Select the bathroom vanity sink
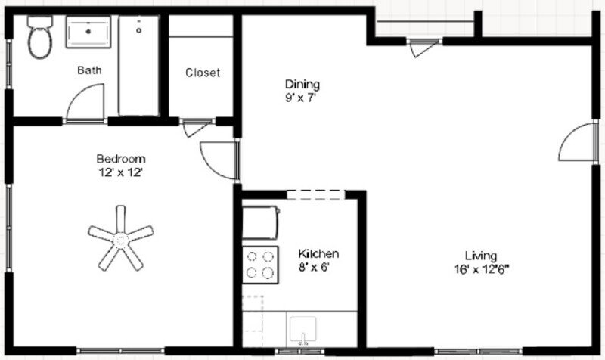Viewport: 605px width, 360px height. tap(89, 33)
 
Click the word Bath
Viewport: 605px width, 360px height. tap(89, 70)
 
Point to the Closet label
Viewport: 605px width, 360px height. tap(203, 73)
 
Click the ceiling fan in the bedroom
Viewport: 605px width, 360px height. tap(119, 237)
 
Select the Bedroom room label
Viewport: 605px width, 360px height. tap(120, 159)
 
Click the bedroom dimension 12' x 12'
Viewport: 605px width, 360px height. tap(120, 172)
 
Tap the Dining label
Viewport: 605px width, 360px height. tap(302, 84)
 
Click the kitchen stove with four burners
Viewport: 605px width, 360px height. tap(259, 265)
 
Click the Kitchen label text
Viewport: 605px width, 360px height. tap(318, 254)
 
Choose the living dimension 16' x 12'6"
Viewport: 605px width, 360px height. tap(482, 268)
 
